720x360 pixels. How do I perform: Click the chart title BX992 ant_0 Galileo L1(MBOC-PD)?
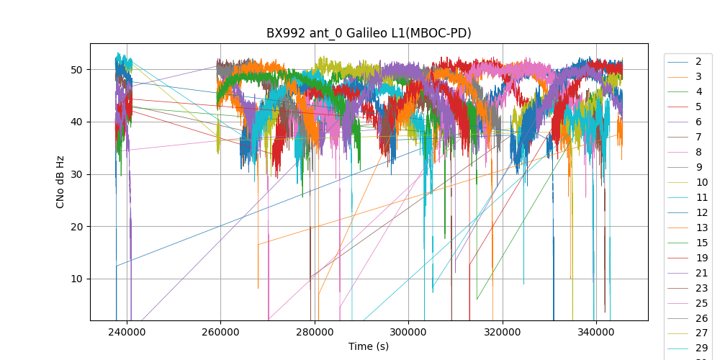point(369,33)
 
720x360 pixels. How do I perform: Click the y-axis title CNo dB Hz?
point(60,181)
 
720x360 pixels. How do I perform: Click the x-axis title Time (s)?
point(369,346)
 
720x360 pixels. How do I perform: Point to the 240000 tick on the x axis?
point(127,332)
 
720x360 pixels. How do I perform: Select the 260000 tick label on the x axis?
point(220,332)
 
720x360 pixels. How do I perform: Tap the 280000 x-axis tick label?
point(315,332)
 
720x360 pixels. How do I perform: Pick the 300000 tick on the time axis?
point(408,332)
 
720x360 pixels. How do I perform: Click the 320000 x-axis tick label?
point(503,332)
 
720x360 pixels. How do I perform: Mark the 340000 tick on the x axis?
point(596,332)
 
